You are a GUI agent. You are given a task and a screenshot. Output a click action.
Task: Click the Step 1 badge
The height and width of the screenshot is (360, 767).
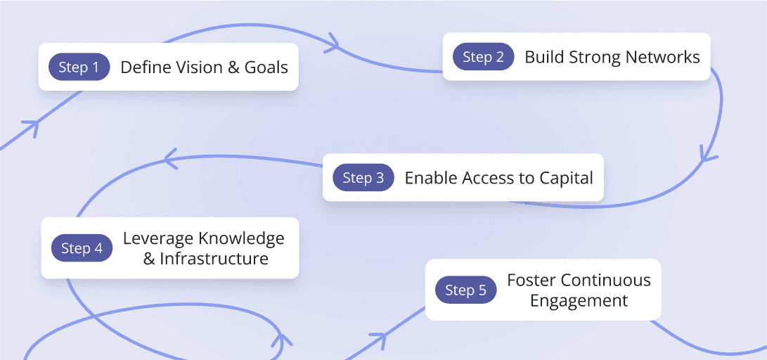(x=79, y=67)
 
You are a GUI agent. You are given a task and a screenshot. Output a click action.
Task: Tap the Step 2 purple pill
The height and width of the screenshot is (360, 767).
(x=483, y=57)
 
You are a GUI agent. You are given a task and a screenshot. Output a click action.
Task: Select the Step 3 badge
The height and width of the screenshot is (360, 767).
(x=363, y=178)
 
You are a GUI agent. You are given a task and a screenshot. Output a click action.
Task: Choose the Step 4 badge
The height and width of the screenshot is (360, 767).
(x=82, y=248)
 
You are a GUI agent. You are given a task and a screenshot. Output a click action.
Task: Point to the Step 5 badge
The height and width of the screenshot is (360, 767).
(x=465, y=290)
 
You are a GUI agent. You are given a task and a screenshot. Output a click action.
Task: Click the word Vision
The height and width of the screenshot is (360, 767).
(x=194, y=67)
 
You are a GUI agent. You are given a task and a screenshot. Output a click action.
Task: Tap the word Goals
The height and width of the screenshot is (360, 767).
(x=266, y=67)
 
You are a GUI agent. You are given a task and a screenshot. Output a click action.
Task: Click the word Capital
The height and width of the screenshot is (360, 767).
(x=566, y=178)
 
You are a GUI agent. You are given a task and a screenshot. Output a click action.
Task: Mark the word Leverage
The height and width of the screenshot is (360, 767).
(x=157, y=238)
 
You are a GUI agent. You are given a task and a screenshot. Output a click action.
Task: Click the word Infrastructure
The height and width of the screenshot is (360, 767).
(x=214, y=259)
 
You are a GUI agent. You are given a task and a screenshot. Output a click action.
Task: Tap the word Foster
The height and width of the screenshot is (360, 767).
(x=531, y=280)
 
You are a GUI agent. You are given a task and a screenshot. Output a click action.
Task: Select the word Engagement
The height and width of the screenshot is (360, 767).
(x=579, y=301)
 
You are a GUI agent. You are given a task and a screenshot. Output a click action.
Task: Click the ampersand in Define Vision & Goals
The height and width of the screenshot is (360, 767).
(x=233, y=67)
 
